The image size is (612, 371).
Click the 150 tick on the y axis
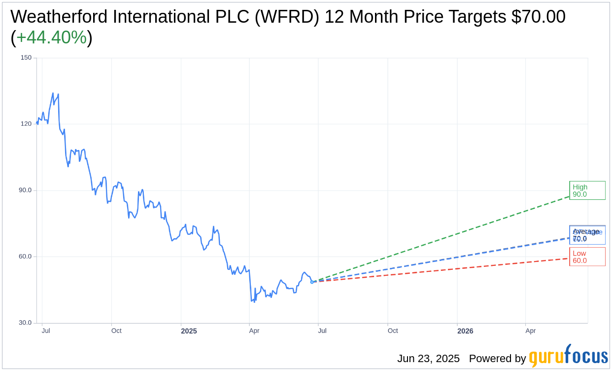pos(26,58)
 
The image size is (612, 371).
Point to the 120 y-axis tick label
pos(26,124)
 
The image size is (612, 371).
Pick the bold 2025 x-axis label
pos(189,331)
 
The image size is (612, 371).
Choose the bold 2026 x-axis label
pos(465,331)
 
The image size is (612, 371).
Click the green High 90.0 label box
pos(587,190)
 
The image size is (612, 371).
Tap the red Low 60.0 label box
pos(587,257)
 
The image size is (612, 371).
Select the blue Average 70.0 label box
pos(587,235)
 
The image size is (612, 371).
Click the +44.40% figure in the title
pos(51,37)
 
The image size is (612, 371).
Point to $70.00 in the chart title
pos(538,17)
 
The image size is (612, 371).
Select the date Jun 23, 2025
pos(428,359)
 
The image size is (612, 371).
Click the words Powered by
pos(497,359)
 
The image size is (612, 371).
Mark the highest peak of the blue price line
pos(53,93)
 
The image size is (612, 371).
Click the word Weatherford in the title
pos(55,17)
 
